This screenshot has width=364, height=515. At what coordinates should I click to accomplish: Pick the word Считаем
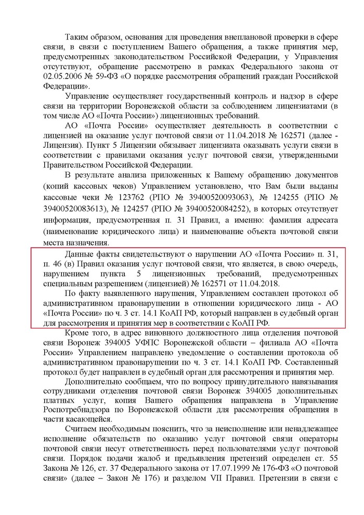click(x=82, y=432)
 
